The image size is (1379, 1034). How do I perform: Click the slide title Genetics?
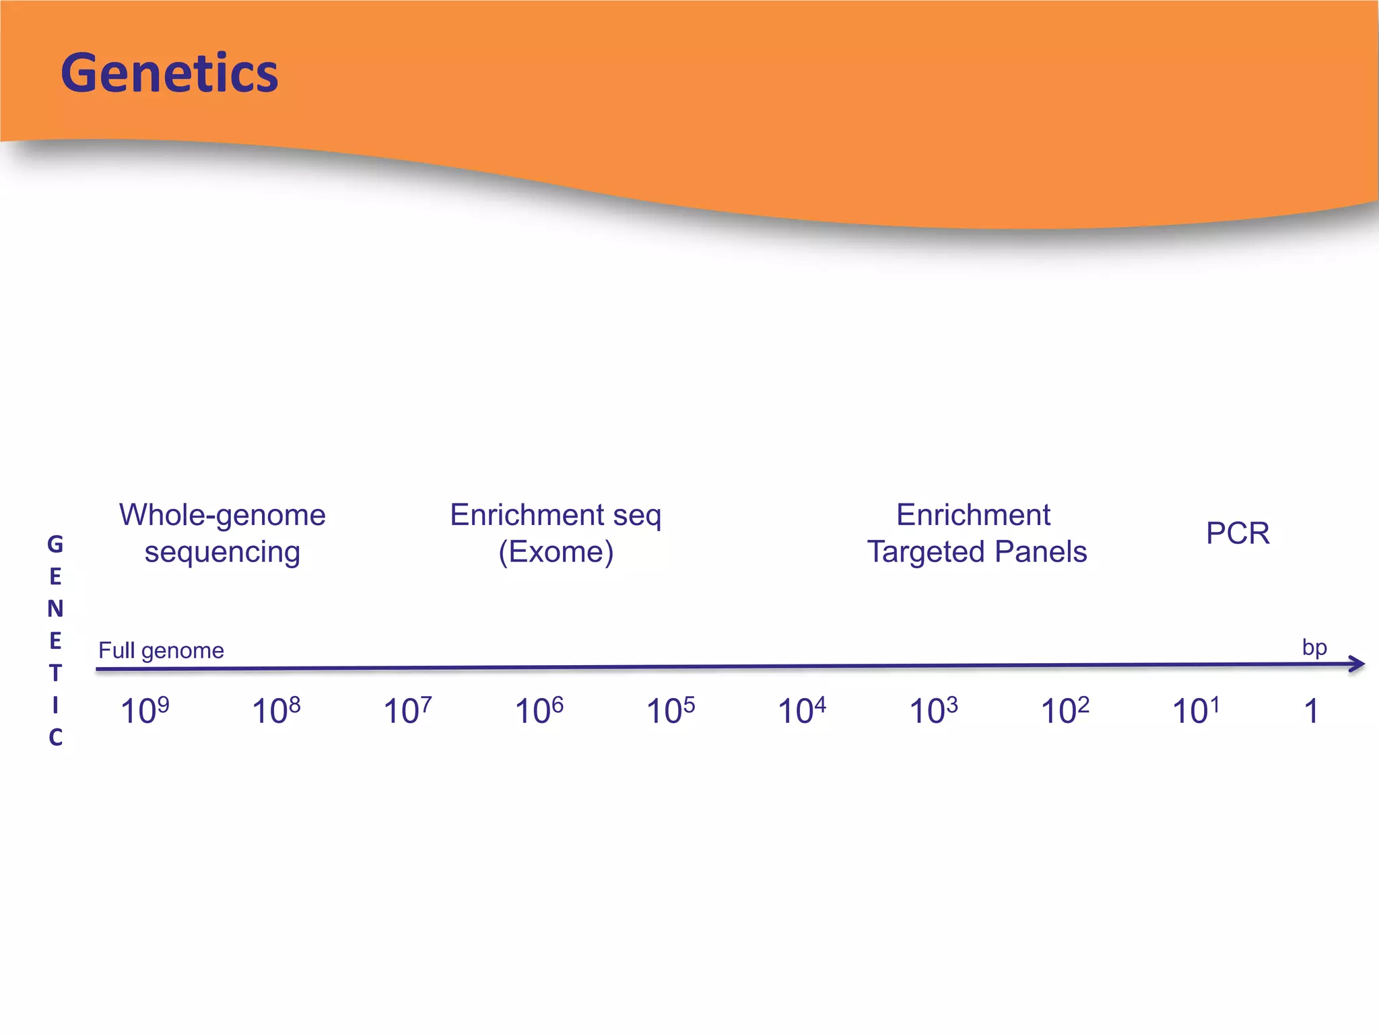click(x=169, y=73)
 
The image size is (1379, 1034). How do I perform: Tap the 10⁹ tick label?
click(x=144, y=711)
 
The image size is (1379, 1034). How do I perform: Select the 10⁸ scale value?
click(x=275, y=711)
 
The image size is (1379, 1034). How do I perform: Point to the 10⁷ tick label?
click(x=407, y=711)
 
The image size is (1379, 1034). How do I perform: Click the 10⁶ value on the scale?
click(x=539, y=711)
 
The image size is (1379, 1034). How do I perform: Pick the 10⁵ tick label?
click(x=670, y=711)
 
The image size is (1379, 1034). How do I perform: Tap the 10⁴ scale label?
click(x=801, y=711)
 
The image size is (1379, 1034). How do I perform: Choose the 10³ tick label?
click(x=933, y=711)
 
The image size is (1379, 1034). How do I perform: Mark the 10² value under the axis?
click(x=1065, y=711)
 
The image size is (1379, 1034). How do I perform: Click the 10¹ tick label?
click(x=1196, y=711)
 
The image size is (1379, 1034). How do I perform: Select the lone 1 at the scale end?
click(x=1310, y=712)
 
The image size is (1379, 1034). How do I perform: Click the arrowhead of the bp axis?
click(x=1357, y=664)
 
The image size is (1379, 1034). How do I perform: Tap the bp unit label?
click(x=1314, y=648)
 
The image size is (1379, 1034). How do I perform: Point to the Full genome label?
click(x=161, y=650)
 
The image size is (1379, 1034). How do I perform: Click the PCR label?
click(x=1238, y=533)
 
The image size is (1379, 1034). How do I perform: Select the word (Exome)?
click(x=556, y=552)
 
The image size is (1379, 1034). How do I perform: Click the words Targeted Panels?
click(x=976, y=552)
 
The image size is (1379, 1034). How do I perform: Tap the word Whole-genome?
click(x=222, y=515)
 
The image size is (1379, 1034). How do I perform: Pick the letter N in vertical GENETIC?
click(x=55, y=609)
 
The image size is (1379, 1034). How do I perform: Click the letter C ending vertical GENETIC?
click(x=55, y=737)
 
